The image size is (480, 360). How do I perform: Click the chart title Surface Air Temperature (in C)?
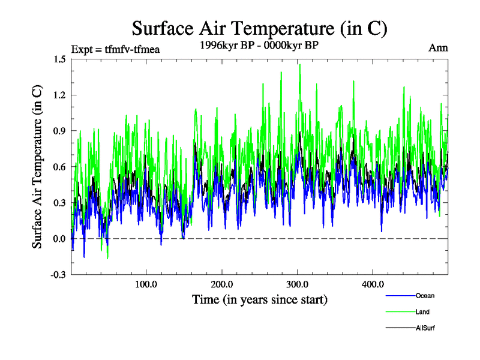coord(260,28)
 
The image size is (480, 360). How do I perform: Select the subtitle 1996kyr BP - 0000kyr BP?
coord(259,45)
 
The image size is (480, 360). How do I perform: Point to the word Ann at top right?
coord(438,47)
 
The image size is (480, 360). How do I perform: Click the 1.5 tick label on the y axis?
coord(59,59)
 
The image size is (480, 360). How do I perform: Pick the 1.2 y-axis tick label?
coord(59,95)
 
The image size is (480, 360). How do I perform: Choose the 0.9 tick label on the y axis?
coord(59,131)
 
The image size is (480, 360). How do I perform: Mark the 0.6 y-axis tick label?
coord(59,167)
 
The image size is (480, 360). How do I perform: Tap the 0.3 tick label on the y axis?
coord(59,203)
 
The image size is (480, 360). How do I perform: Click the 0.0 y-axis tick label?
coord(59,239)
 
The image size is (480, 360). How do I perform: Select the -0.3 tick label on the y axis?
coord(58,275)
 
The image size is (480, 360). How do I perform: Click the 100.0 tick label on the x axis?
coord(146,284)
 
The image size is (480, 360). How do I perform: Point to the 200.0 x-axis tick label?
coord(221,284)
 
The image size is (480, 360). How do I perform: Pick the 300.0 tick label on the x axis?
coord(297,284)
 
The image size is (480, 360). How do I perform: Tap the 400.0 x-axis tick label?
coord(373,284)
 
